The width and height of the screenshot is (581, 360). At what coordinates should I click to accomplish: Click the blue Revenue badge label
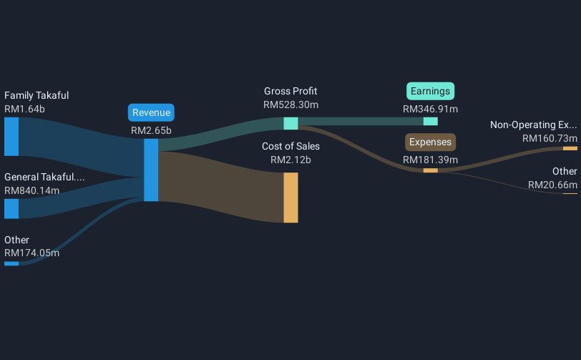(x=151, y=112)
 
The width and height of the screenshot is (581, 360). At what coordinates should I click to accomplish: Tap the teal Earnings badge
(x=431, y=91)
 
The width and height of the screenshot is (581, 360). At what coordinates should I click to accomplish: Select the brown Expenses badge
(x=431, y=142)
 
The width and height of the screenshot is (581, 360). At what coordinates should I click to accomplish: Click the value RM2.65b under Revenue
(x=151, y=130)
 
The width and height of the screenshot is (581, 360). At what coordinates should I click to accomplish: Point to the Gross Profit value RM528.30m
(x=290, y=104)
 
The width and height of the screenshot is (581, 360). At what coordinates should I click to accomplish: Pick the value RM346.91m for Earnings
(x=431, y=110)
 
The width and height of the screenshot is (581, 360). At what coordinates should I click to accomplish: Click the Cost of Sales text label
(x=290, y=146)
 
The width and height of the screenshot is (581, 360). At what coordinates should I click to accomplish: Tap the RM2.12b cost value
(x=290, y=160)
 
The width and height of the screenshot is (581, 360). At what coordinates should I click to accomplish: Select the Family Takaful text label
(x=36, y=95)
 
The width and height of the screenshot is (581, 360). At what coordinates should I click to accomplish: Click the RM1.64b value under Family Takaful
(x=24, y=109)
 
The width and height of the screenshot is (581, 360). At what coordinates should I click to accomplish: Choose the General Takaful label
(x=44, y=177)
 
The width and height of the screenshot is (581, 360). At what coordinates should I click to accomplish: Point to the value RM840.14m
(x=31, y=190)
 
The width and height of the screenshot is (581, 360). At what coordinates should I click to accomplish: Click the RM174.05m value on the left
(x=31, y=253)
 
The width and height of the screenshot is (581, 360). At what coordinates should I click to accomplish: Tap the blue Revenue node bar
(x=151, y=170)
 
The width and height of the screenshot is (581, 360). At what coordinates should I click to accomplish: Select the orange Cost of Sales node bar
(x=290, y=198)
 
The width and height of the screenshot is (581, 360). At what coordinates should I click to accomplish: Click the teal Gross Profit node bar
(x=290, y=123)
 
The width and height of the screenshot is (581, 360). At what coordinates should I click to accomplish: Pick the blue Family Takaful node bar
(x=11, y=136)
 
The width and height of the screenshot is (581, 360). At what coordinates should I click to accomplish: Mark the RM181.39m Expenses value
(x=431, y=160)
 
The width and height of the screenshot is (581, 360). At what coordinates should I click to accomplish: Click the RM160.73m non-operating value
(x=550, y=138)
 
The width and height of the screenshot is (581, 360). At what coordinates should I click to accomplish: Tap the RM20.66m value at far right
(x=552, y=185)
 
